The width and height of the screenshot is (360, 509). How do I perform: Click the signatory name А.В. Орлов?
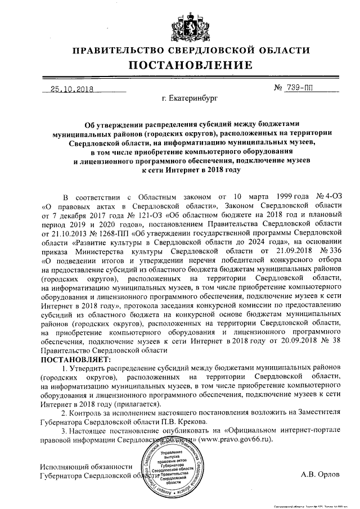321,474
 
